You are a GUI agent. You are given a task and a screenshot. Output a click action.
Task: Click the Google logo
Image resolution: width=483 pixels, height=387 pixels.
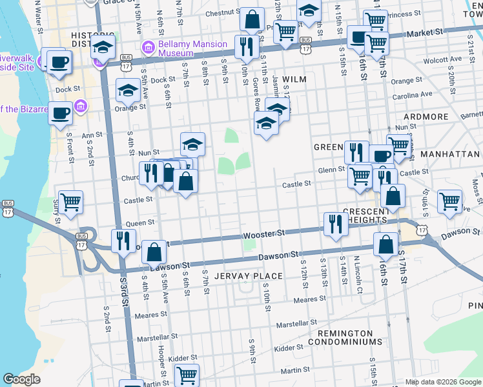pyautogui.click(x=21, y=379)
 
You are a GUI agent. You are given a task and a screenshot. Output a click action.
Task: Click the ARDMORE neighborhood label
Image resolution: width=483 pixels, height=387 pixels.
pyautogui.click(x=426, y=117)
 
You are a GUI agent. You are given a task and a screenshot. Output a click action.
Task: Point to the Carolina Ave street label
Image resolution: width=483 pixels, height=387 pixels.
pyautogui.click(x=415, y=94)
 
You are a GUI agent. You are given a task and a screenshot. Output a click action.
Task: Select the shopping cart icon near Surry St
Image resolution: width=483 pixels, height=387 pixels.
pyautogui.click(x=70, y=201)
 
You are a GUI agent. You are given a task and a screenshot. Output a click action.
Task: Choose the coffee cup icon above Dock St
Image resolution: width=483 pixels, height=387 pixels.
pyautogui.click(x=59, y=62)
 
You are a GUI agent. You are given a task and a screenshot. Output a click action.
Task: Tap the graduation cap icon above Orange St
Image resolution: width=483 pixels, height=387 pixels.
pyautogui.click(x=128, y=91)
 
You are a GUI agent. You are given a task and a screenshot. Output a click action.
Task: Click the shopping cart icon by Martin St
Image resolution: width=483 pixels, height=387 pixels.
pyautogui.click(x=187, y=374)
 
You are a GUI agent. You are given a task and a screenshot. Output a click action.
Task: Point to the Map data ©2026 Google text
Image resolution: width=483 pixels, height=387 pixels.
pyautogui.click(x=442, y=381)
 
